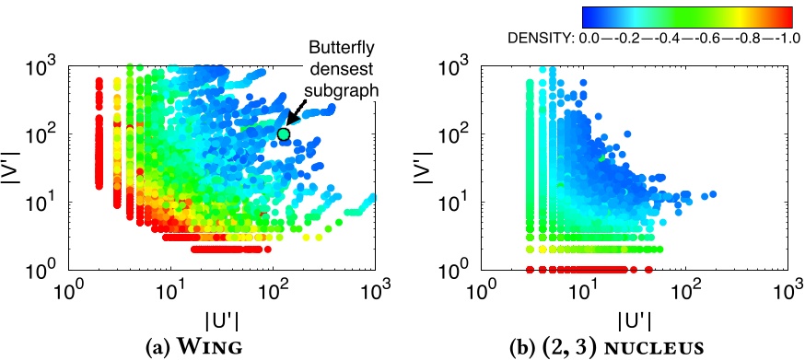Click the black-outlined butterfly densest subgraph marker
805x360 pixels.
[283, 134]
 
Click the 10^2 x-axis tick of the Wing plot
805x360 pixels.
[273, 293]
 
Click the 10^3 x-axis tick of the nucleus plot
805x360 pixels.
[786, 293]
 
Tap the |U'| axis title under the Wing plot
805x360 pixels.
[220, 319]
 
